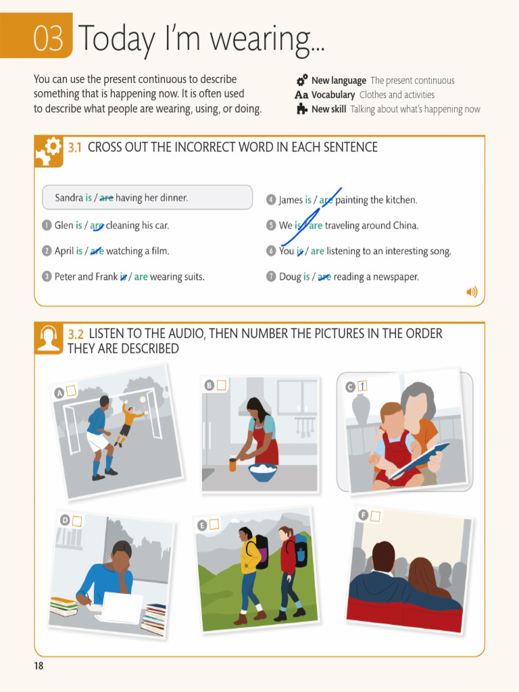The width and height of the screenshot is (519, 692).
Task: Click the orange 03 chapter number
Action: tap(51, 39)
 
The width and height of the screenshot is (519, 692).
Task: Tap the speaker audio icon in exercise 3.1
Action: tap(472, 292)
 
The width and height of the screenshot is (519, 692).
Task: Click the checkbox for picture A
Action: tap(71, 390)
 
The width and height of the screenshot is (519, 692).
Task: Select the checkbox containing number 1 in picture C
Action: tap(362, 386)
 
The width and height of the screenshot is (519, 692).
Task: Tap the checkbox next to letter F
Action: tap(375, 516)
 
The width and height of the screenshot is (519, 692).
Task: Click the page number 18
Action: tap(39, 666)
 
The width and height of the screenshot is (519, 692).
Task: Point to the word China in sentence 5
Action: tap(404, 226)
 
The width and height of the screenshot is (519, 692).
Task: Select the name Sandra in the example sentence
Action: tap(68, 198)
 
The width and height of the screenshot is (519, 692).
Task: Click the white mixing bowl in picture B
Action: tap(262, 472)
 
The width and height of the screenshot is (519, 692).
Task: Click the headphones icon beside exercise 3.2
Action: tap(49, 339)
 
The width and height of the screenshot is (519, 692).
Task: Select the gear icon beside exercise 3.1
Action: tap(49, 151)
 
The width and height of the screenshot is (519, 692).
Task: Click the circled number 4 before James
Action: tap(271, 200)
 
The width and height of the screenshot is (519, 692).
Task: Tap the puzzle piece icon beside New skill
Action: tap(302, 109)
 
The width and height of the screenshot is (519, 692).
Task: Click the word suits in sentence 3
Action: tap(191, 276)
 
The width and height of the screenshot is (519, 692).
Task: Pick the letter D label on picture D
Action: tap(65, 520)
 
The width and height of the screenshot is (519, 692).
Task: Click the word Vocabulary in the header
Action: tap(332, 95)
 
